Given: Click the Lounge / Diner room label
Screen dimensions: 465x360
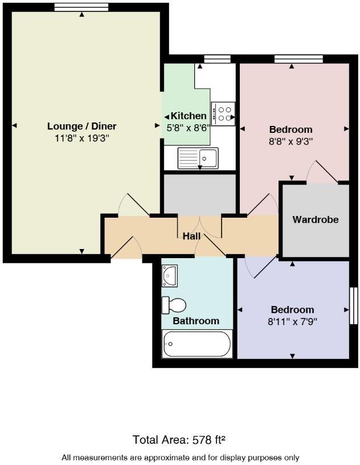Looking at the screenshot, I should coord(81,126).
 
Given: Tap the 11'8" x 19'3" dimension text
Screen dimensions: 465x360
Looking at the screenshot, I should coord(81,138).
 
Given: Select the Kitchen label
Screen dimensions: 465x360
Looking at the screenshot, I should coord(189,116).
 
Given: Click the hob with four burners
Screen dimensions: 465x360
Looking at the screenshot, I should coord(224,113).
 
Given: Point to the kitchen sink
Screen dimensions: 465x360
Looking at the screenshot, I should coord(198,157).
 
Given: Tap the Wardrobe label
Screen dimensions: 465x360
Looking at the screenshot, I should coord(316,219).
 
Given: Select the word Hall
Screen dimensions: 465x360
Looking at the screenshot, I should coord(191,236).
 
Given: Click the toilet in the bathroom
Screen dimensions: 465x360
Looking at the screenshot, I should coord(174,305).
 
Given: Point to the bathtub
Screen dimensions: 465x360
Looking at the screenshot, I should coord(197,344).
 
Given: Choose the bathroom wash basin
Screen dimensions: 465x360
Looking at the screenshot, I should coord(170,276).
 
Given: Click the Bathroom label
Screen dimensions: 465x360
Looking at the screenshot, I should coord(196,321).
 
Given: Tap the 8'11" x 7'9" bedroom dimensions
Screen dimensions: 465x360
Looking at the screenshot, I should coord(292,321).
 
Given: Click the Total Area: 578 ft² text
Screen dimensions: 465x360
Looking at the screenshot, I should coord(179,440).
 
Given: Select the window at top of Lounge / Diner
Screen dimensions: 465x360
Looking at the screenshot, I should coord(81,7).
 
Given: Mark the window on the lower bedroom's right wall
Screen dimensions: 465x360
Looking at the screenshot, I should coord(353,307).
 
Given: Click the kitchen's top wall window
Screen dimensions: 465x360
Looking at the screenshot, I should coord(217,58).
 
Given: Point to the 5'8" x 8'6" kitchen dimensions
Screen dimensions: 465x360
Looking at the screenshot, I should coord(188,128).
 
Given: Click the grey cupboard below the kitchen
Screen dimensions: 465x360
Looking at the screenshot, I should coord(199,194).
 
